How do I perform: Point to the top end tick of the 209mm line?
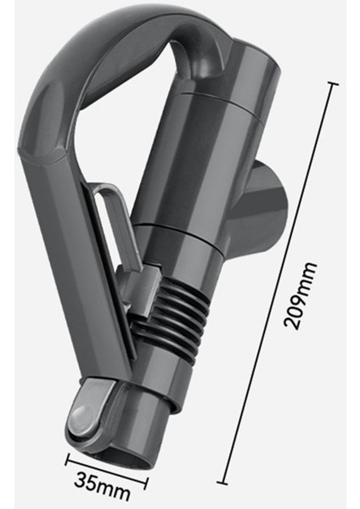330,84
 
